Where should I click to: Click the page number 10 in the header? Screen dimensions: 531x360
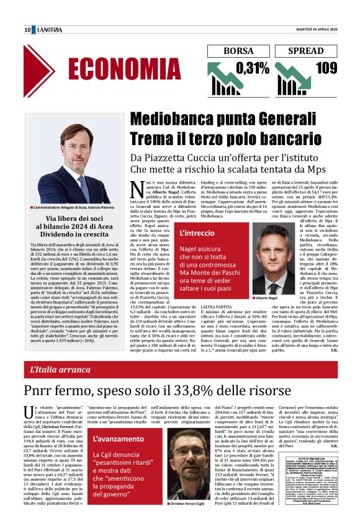[28, 30]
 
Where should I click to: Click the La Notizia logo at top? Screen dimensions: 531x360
[51, 30]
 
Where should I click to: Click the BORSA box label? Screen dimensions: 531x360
[238, 51]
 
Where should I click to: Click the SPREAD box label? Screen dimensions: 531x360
[307, 51]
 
